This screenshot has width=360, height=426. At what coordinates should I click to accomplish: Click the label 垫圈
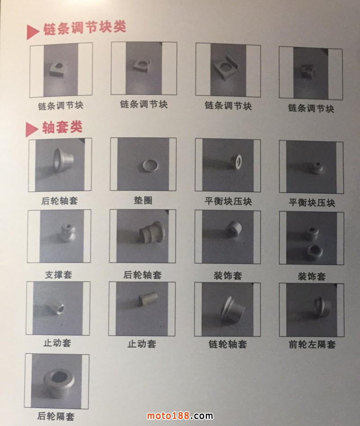(143, 199)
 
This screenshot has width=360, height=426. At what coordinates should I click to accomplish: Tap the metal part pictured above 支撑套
(63, 232)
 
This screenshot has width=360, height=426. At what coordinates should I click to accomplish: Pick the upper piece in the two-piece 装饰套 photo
(311, 232)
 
